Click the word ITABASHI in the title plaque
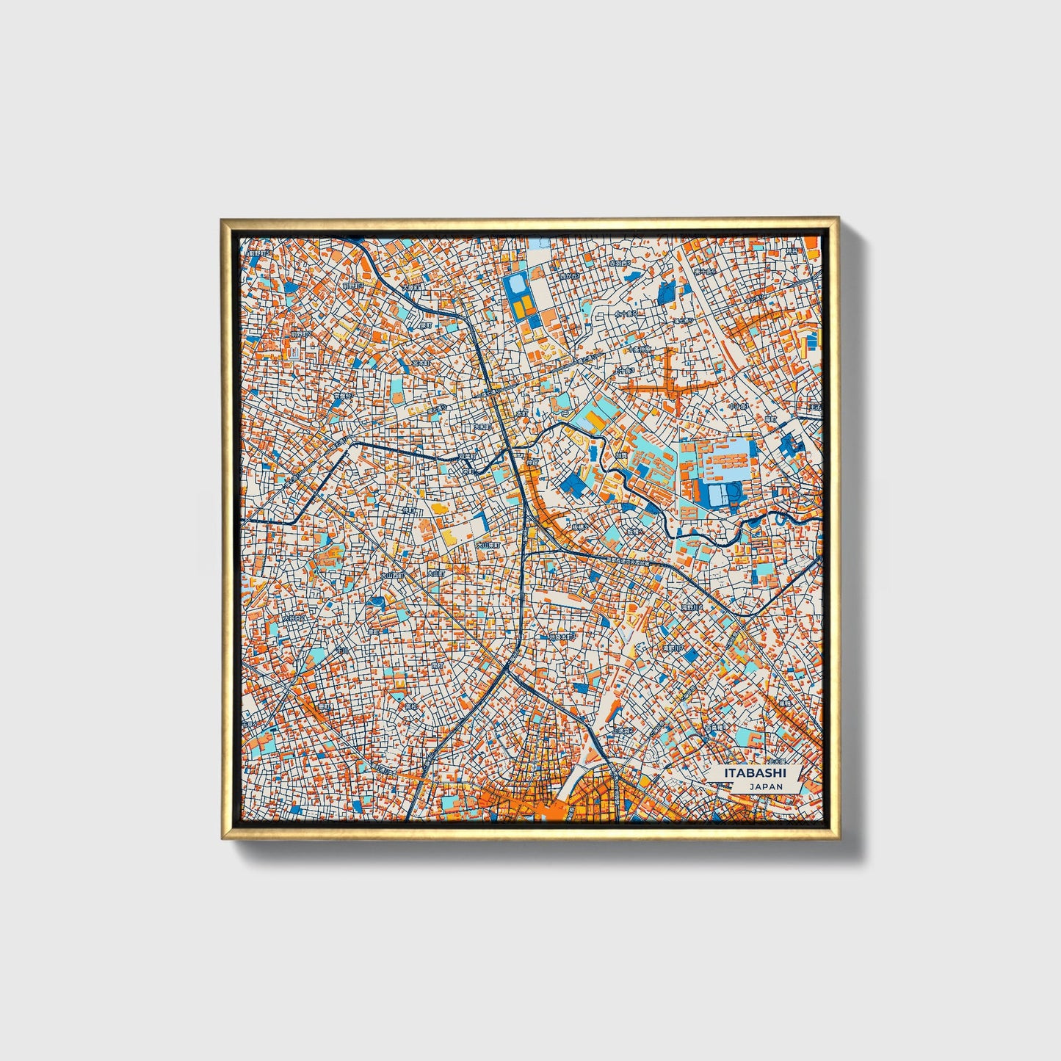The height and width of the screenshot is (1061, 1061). (x=755, y=773)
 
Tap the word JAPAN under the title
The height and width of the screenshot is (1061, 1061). (x=766, y=786)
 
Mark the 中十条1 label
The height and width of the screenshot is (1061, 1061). (x=737, y=405)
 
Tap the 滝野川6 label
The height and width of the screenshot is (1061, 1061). (x=692, y=609)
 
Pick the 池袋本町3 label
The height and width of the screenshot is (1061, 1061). (x=561, y=637)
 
